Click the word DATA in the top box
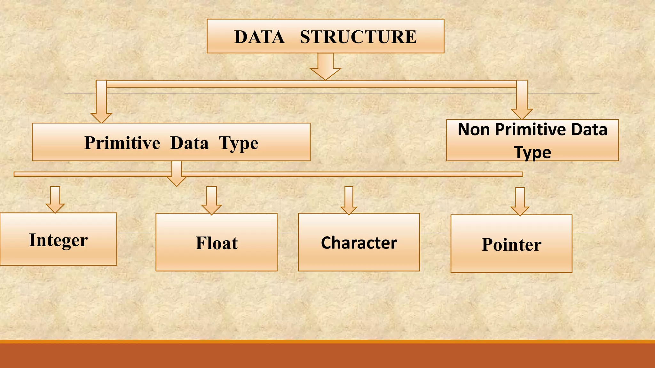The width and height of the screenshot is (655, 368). point(259,37)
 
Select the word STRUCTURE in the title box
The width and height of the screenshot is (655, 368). point(358,37)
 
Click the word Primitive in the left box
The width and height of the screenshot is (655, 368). point(122,142)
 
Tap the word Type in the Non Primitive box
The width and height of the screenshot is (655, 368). point(533,152)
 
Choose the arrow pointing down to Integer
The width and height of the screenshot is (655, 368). point(55,200)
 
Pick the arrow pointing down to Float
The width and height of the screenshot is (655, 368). point(211,201)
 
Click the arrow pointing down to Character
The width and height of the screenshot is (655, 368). point(349,201)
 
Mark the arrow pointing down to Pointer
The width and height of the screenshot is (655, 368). point(520,202)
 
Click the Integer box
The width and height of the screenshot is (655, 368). point(58,239)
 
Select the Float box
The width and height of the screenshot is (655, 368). point(217,242)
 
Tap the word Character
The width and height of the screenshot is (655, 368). point(359,243)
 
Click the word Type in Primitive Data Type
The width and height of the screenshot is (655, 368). point(239,143)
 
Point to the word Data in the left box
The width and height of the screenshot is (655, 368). point(189,142)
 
